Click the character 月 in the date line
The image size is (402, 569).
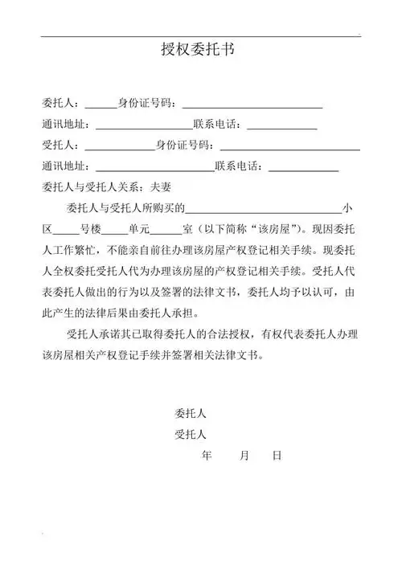tap(244, 456)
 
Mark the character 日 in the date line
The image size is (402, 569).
tap(277, 456)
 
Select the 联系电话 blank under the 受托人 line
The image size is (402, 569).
tap(303, 168)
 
